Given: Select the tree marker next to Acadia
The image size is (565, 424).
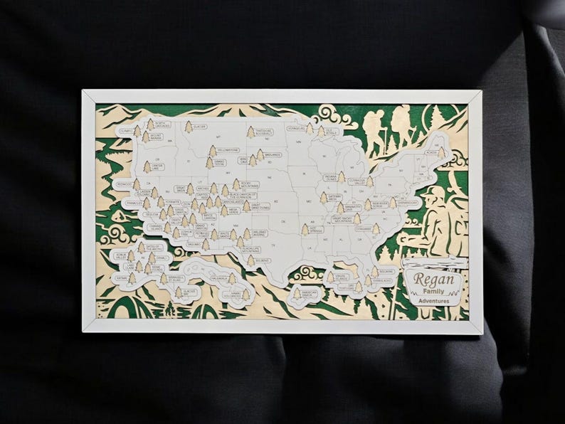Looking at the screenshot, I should point(442,152).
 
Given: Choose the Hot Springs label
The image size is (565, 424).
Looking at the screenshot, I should point(316,230).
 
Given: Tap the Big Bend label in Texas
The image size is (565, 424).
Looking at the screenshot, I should point(262,260).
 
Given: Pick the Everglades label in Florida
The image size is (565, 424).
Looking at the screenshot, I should point(383,280).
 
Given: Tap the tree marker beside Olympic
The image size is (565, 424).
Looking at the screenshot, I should point(137,132).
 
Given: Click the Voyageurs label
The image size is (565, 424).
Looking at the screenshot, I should point(295,129).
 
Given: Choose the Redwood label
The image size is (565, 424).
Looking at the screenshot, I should point(125,184).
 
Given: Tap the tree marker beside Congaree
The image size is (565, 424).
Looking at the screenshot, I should point(376,229).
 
